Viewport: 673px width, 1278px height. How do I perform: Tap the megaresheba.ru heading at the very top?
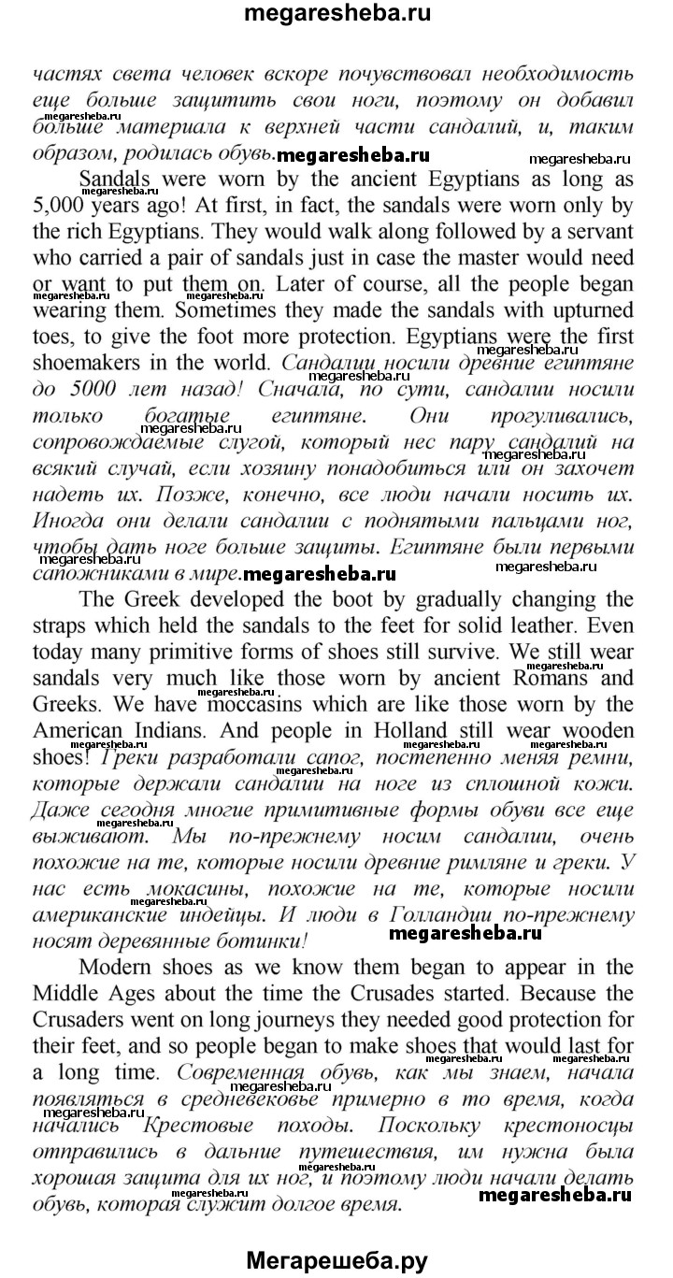pos(336,14)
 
